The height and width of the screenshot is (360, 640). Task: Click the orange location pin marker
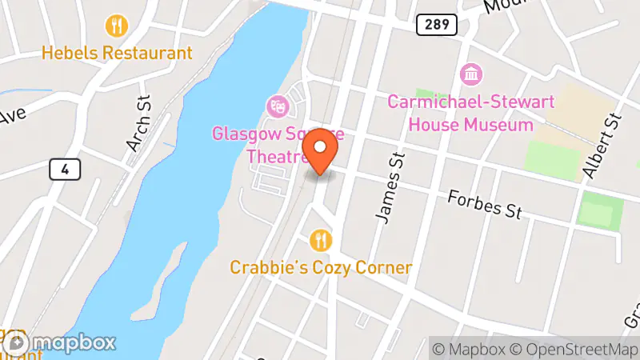(321, 150)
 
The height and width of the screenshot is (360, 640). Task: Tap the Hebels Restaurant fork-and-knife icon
(118, 26)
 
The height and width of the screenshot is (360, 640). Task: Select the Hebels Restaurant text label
(118, 53)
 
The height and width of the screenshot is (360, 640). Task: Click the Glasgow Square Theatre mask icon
(278, 105)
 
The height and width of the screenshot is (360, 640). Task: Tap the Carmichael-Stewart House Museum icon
(471, 75)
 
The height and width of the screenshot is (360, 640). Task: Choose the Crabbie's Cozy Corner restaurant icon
(321, 239)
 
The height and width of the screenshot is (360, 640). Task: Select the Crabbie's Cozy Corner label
(321, 267)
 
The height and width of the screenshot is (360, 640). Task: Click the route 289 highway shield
(436, 25)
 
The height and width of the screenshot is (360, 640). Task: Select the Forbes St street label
(485, 204)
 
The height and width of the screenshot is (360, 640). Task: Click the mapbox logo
(60, 342)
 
